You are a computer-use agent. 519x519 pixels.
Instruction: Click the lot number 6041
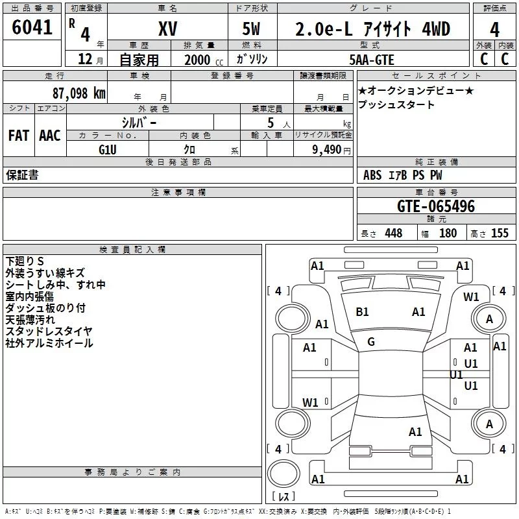(32, 29)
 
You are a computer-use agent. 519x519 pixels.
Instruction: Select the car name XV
(168, 29)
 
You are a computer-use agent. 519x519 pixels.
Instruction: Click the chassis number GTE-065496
(436, 207)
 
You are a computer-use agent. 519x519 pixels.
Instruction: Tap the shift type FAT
(19, 135)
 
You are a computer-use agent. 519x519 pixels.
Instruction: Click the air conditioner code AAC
(50, 135)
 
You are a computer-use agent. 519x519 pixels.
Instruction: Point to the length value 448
(392, 233)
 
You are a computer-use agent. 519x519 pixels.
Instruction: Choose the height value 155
(500, 233)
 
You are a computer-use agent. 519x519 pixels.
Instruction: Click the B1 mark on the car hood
(362, 312)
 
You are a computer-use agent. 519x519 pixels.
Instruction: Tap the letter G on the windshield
(371, 341)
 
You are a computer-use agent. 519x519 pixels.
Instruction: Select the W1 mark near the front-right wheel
(471, 297)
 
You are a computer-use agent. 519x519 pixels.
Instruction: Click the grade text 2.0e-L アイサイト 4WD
(373, 29)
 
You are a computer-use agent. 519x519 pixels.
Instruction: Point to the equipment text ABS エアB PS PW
(402, 175)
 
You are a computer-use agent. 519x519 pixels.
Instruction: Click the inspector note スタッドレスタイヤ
(49, 332)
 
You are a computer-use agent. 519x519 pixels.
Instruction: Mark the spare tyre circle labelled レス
(284, 477)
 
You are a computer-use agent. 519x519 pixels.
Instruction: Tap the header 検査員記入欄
(132, 249)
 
